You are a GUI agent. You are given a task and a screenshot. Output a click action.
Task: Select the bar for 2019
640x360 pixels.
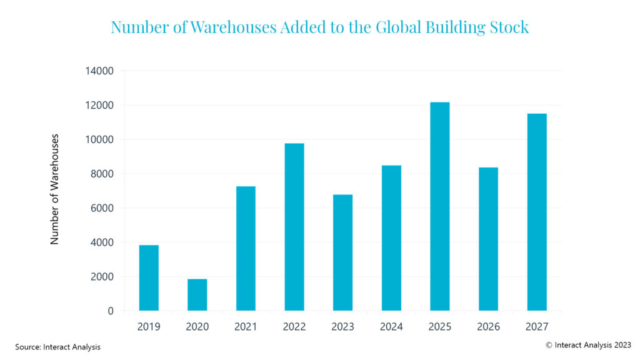coord(149,277)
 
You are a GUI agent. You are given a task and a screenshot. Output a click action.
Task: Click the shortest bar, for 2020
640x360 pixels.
coord(197,294)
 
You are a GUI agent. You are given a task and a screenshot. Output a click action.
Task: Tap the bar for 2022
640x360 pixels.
coord(294,227)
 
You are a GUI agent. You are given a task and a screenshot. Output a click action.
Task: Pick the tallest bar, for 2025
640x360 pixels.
coord(439,206)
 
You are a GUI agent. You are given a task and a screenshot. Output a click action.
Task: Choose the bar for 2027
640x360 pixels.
coord(537,212)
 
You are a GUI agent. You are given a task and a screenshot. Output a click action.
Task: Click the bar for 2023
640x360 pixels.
coord(342,252)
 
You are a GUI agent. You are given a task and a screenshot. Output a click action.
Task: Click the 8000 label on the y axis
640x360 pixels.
coord(101,174)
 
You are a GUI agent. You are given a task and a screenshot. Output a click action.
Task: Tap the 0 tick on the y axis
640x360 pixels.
coord(110,311)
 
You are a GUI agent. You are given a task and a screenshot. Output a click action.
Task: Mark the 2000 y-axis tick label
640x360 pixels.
coord(101,277)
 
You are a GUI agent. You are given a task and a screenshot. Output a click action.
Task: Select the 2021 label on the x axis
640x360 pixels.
coord(246,326)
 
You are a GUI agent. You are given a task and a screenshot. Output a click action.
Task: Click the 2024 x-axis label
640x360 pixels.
coord(391,326)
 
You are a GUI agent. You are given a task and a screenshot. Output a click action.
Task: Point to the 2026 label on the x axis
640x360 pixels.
coord(488,326)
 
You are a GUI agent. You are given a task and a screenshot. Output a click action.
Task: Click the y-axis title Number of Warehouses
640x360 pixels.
coord(55,189)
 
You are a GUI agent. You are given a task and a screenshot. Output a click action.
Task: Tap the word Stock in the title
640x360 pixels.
coord(509,27)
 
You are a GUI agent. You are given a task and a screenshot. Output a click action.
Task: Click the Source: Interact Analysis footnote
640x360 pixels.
coord(58,346)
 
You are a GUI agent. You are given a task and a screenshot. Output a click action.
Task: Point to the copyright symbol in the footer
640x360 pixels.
coord(549,345)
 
